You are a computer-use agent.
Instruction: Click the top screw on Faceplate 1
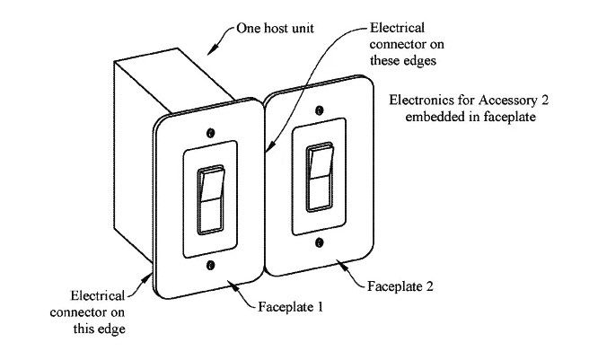point(210,132)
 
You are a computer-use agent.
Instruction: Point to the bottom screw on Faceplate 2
point(319,241)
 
